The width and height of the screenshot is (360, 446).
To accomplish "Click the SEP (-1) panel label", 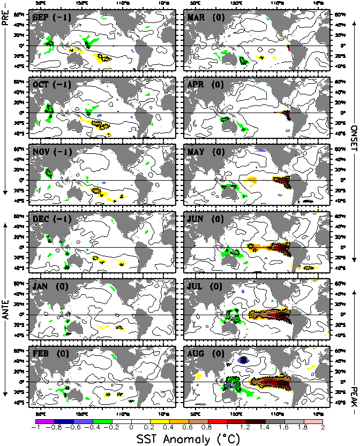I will pos(51,18).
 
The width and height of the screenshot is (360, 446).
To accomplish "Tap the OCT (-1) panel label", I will pos(51,85).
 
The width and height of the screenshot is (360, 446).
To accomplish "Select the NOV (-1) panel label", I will pos(51,152).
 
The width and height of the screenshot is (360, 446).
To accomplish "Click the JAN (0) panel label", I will pos(49,286).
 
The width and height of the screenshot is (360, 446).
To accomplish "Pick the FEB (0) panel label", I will pos(49,353).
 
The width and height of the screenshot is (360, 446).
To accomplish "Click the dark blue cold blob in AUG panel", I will pos(243,360).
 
